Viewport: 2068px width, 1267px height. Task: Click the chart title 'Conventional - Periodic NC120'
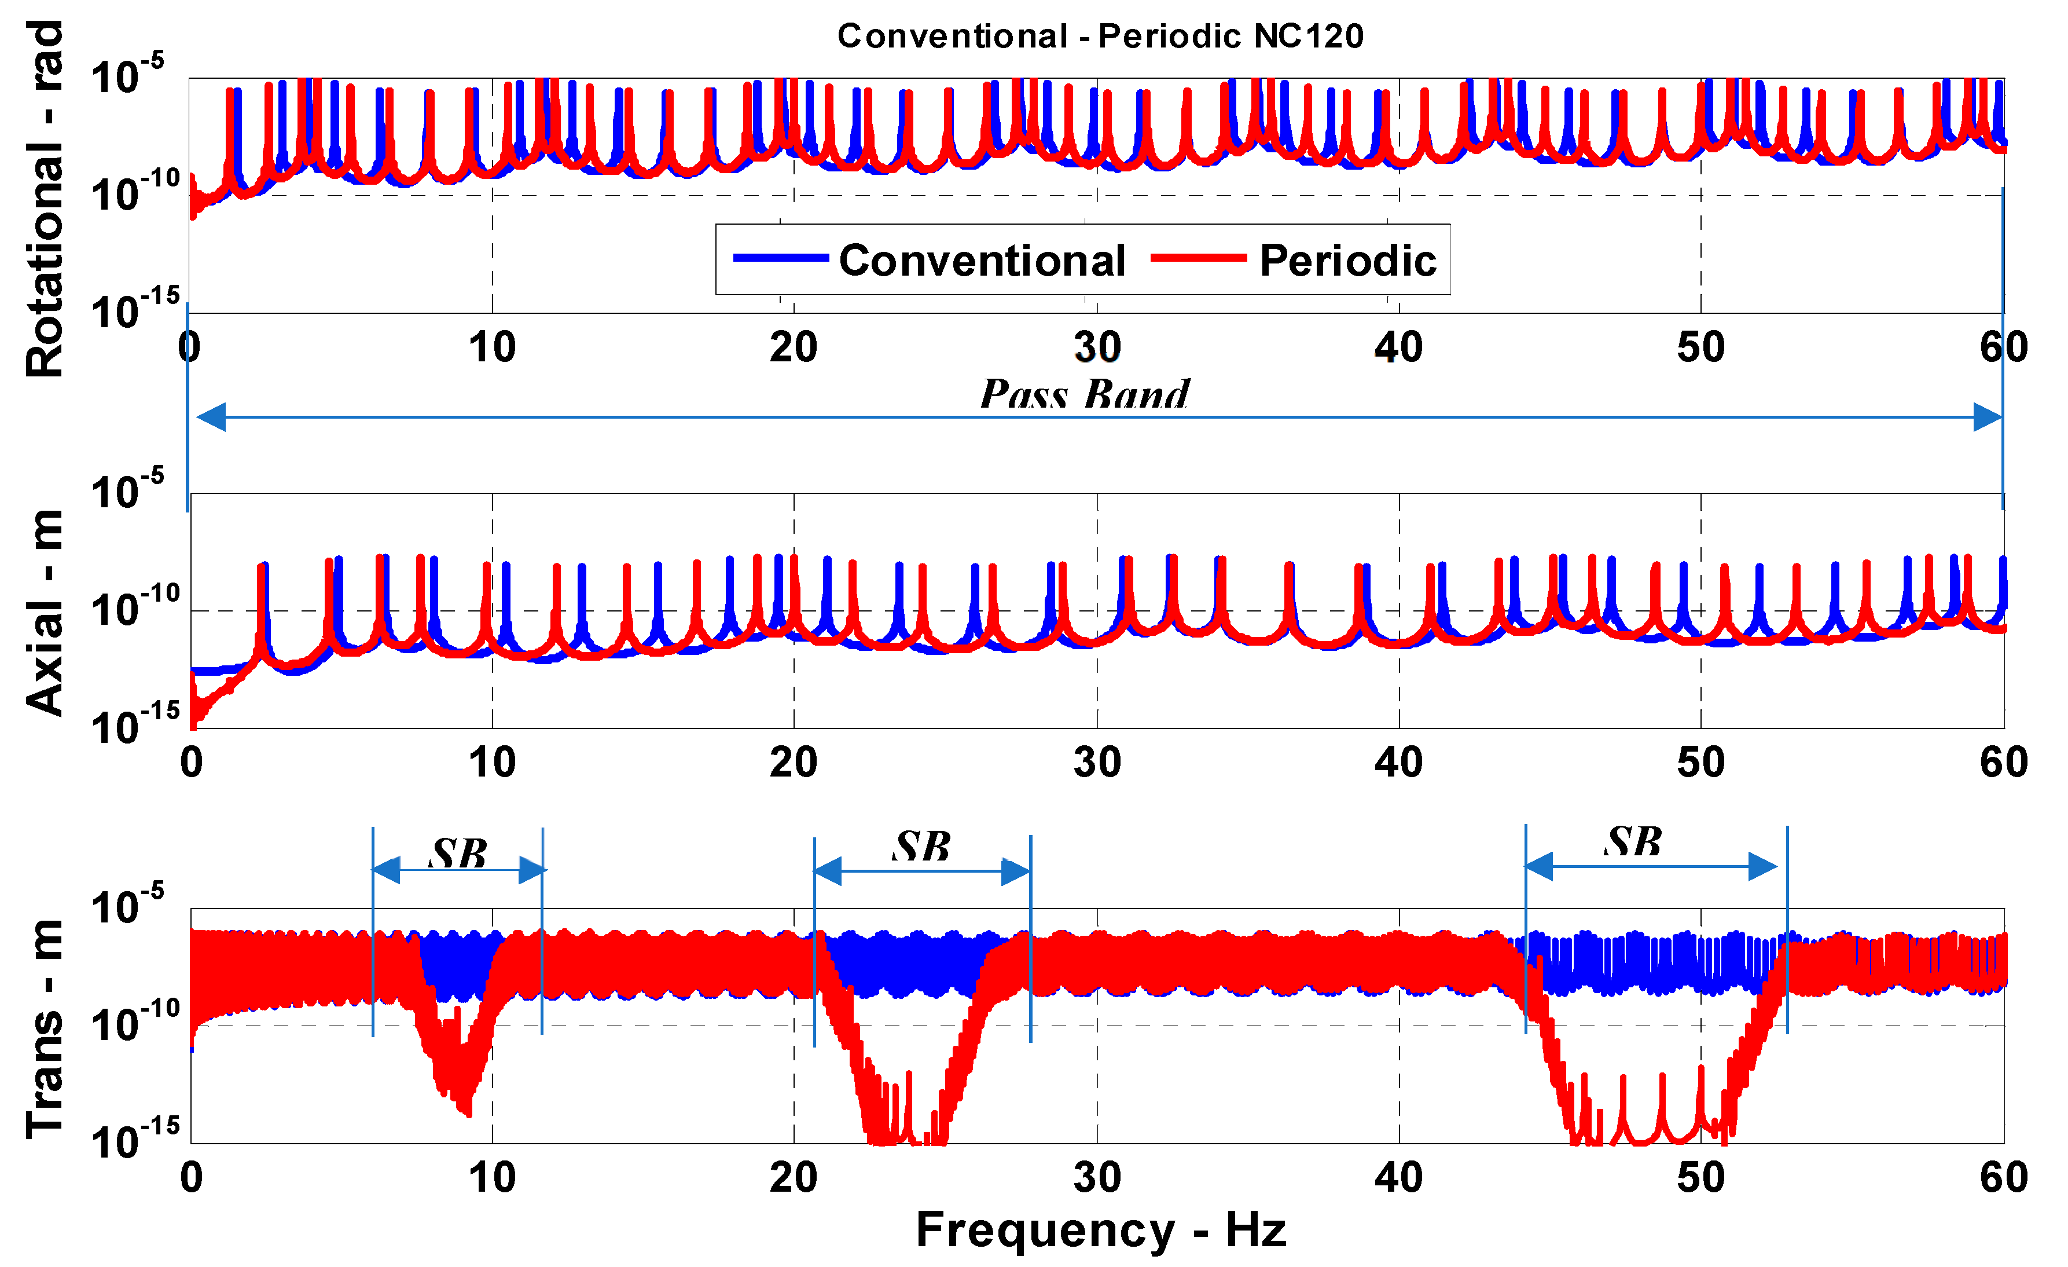pos(1100,36)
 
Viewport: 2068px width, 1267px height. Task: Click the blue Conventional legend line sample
pos(781,258)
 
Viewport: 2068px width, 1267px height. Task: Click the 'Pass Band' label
pos(1085,394)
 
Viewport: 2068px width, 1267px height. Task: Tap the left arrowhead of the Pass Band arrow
pos(211,416)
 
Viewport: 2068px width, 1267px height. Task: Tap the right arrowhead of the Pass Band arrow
pos(1988,416)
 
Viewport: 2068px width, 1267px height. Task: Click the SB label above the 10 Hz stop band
pos(458,854)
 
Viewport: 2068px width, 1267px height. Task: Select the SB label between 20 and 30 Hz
pos(921,847)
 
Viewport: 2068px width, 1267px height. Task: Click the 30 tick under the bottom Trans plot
pos(1097,1177)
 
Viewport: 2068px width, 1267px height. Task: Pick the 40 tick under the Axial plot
pos(1398,763)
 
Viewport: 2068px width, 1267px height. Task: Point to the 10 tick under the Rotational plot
pos(492,347)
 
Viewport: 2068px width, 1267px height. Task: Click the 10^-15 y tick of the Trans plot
pos(134,1138)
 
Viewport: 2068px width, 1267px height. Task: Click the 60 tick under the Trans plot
pos(2003,1177)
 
